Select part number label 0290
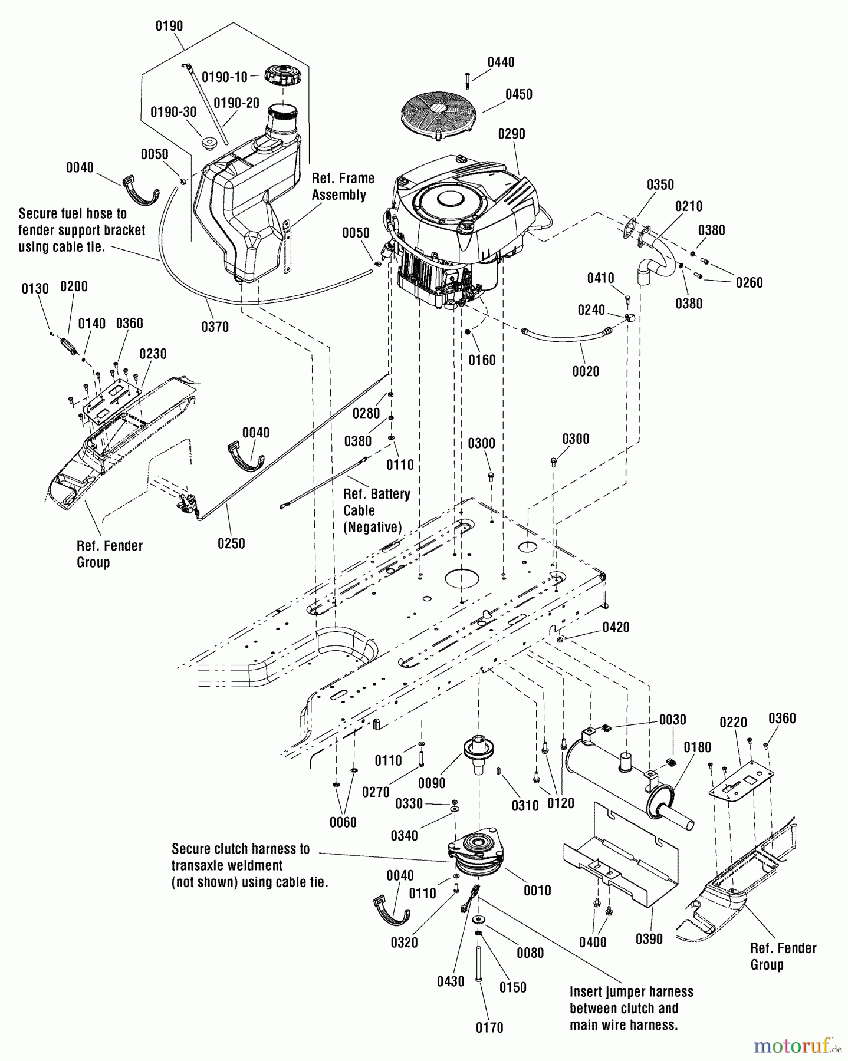tap(511, 134)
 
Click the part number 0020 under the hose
tap(585, 371)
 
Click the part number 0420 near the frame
tap(616, 627)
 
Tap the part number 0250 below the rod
tap(231, 543)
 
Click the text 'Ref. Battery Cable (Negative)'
tap(376, 510)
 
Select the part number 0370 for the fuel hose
tap(215, 326)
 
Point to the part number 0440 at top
tap(501, 62)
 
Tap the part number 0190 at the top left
tap(169, 26)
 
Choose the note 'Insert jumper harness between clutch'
tap(631, 1008)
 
